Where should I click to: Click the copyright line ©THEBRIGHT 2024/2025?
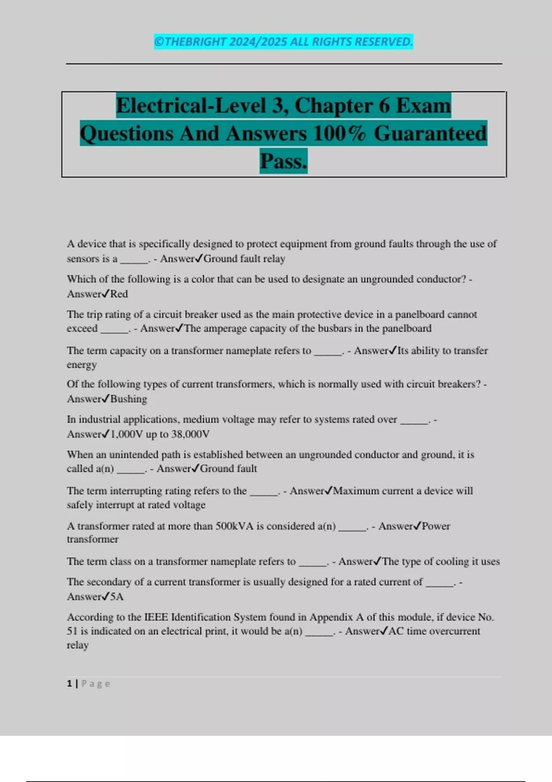click(x=283, y=42)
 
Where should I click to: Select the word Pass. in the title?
click(x=283, y=161)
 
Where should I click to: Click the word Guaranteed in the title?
click(x=430, y=133)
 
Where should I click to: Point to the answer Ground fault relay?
click(x=244, y=259)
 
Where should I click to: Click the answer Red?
click(x=119, y=294)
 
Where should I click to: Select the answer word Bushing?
click(x=129, y=399)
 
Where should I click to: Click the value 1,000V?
click(x=127, y=434)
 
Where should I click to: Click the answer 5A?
click(x=117, y=597)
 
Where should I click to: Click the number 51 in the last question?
click(x=72, y=631)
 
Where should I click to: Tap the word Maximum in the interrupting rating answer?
click(x=356, y=491)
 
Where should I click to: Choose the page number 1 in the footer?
click(x=69, y=684)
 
